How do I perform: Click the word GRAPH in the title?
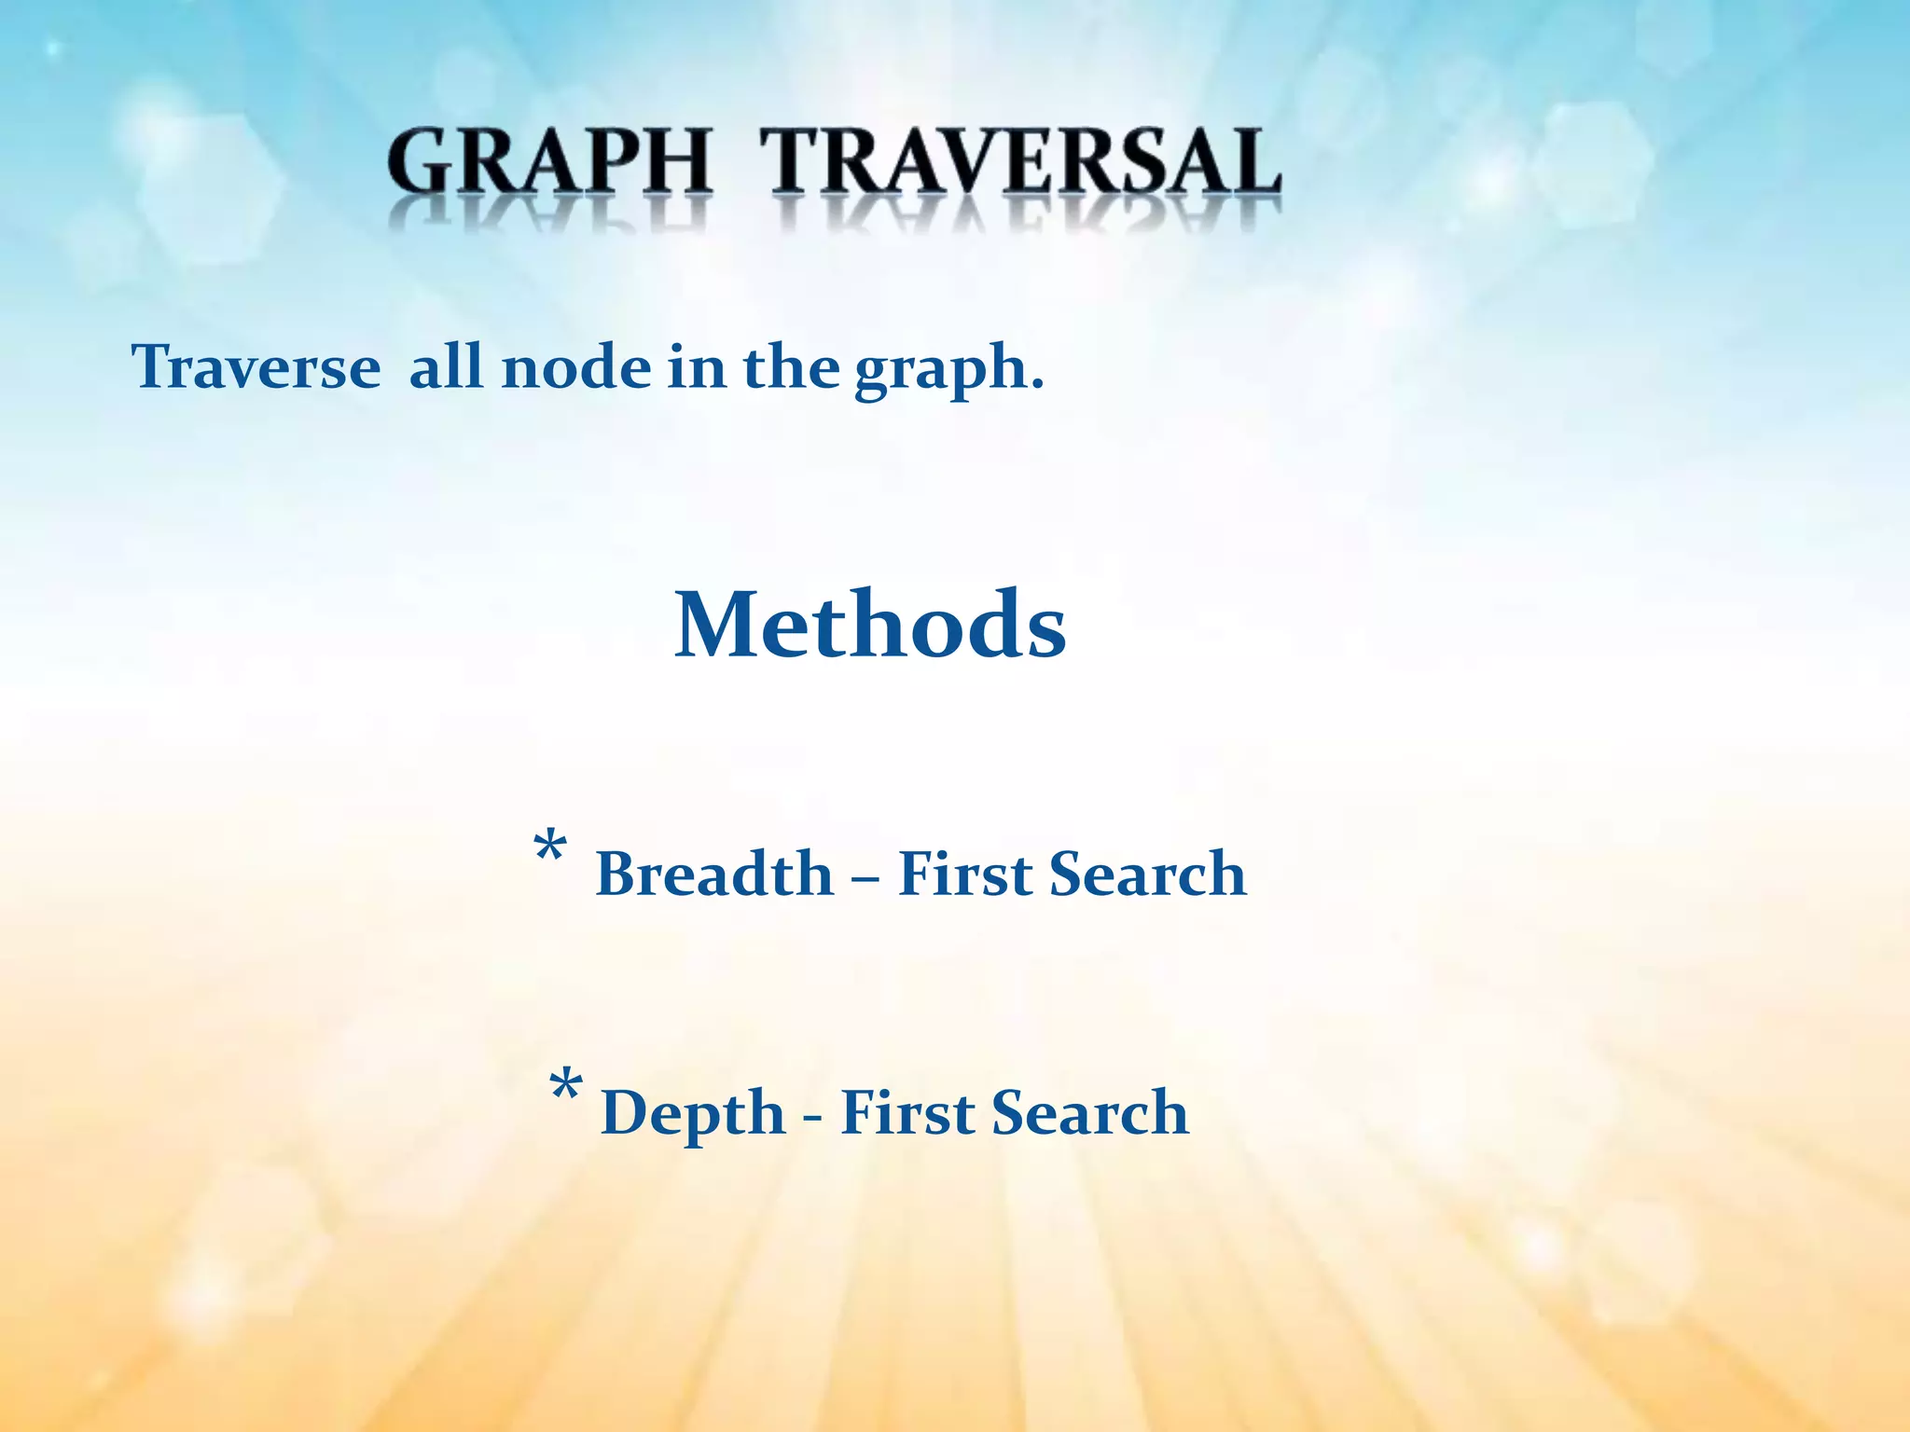click(x=550, y=163)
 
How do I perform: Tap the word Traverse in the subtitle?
click(x=256, y=367)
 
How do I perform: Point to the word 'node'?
click(x=575, y=367)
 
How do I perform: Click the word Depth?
click(x=693, y=1114)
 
